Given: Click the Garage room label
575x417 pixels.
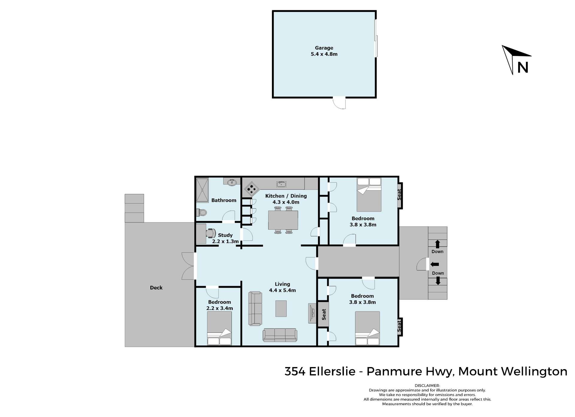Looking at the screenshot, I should (x=324, y=48).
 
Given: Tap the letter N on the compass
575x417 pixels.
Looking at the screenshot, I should (x=523, y=68).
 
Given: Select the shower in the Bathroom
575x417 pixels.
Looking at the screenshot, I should (x=202, y=190).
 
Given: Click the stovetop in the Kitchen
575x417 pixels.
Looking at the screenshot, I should (x=251, y=188).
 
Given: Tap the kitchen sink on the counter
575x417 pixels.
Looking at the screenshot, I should (x=281, y=184).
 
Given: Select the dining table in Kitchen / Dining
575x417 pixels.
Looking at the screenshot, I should (x=283, y=220).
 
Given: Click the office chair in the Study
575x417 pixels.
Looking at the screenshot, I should (x=211, y=233).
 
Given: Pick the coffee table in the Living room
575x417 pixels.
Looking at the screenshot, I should (x=281, y=308).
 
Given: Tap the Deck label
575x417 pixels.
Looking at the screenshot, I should (x=156, y=287).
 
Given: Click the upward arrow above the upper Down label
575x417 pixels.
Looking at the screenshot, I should (x=438, y=244).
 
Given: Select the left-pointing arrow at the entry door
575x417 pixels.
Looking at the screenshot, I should (x=435, y=264).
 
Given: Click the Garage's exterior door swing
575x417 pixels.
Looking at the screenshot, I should (x=340, y=103).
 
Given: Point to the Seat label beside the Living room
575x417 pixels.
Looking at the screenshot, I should (x=324, y=314).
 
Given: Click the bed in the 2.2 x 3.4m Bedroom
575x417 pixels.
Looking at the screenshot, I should (x=219, y=328).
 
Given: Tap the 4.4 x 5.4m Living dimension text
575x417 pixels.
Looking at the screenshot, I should (x=282, y=290).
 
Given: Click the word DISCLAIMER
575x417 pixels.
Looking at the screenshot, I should (x=427, y=386).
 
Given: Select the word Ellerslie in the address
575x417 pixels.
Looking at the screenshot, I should (x=332, y=371).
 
